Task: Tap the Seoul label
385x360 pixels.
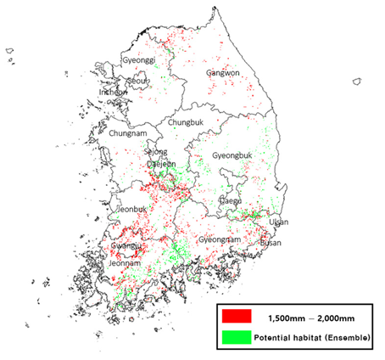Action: (137, 81)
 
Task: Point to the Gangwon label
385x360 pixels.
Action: (224, 74)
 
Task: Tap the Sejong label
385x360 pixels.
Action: (156, 152)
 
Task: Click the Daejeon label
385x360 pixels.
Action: (162, 164)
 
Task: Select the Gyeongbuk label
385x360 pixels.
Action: (232, 157)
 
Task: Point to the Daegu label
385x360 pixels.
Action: (231, 200)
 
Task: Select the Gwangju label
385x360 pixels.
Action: (127, 246)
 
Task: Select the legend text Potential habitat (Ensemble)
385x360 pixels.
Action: (310, 338)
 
